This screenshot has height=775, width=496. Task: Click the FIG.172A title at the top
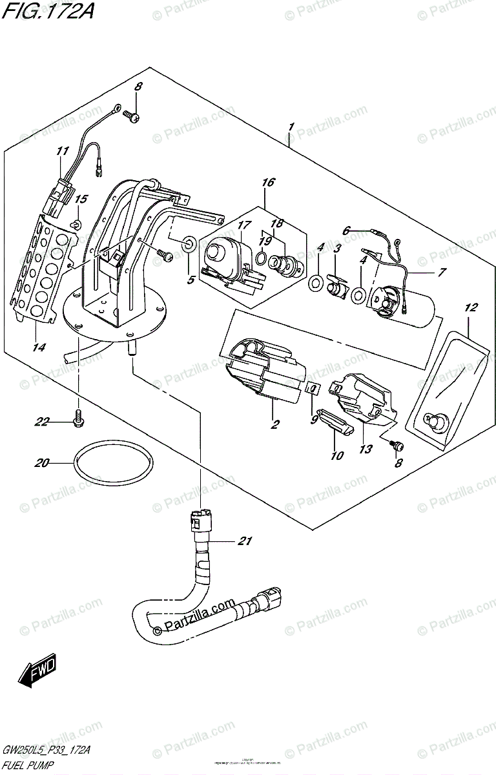(x=46, y=11)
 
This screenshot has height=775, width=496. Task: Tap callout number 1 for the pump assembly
(x=291, y=128)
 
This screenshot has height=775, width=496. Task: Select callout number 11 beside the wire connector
(x=63, y=151)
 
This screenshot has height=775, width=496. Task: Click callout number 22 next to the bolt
(x=43, y=422)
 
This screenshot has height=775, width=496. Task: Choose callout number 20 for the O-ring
(x=43, y=462)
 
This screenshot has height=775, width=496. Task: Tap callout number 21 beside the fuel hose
(x=243, y=541)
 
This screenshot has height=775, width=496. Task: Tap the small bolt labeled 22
(x=79, y=417)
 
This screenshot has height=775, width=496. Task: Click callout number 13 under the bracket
(x=366, y=448)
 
